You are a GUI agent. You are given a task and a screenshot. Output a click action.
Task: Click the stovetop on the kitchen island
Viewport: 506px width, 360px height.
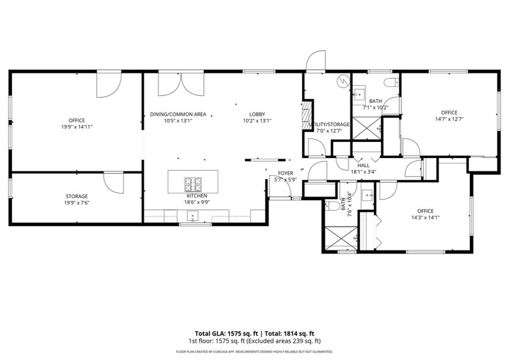194,183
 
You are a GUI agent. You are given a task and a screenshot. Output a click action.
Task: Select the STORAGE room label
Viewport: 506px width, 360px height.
77,197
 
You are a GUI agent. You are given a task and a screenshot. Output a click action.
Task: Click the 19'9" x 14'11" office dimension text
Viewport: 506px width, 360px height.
77,127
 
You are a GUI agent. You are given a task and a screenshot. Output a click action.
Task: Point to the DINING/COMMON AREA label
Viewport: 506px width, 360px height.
178,114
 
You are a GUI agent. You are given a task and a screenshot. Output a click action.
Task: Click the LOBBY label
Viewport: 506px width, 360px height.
257,114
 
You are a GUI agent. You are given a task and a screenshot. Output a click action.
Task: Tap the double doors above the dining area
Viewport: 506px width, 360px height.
170,84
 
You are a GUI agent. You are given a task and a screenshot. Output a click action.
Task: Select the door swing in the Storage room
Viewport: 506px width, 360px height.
114,182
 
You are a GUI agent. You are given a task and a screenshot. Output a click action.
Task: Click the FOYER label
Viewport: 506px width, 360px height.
285,173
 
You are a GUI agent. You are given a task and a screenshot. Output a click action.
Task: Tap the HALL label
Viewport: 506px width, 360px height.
363,165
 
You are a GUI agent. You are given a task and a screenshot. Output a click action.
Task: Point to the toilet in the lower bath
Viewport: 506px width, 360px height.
331,205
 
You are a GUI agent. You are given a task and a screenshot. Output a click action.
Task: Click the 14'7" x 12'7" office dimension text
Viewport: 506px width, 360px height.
449,119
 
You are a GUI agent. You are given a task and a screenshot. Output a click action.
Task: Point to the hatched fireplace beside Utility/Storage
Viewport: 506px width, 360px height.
308,116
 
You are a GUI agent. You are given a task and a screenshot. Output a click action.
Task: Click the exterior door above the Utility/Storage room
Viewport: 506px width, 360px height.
314,62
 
